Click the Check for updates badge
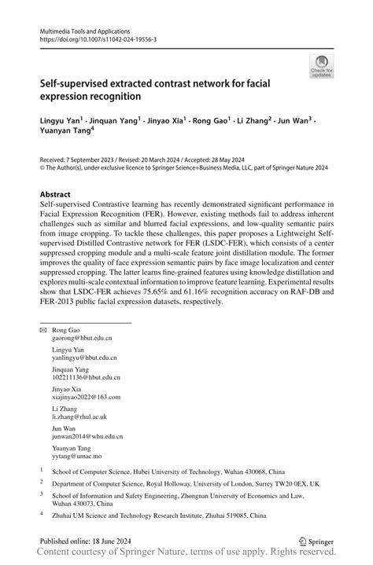tap(321, 65)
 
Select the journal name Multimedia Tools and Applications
tap(85, 29)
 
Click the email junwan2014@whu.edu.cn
tap(93, 437)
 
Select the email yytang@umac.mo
tap(81, 456)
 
